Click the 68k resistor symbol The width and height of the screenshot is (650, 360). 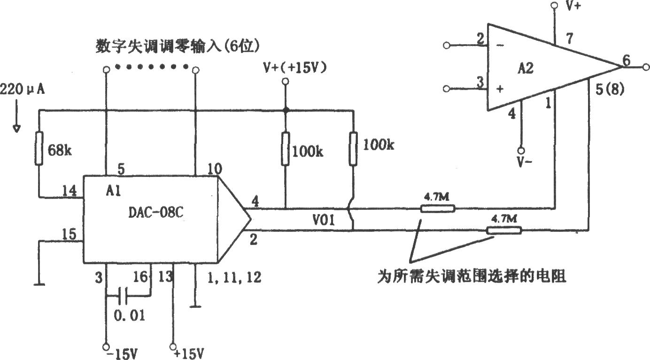click(x=39, y=148)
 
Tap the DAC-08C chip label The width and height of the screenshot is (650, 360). click(x=156, y=212)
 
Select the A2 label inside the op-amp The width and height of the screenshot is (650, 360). click(x=526, y=69)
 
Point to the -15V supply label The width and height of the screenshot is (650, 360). click(x=122, y=354)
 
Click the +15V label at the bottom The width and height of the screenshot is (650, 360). click(x=189, y=354)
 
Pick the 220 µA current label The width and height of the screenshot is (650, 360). click(x=23, y=89)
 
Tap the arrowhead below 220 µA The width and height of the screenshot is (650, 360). click(x=16, y=129)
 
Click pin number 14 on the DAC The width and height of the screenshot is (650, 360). click(x=70, y=191)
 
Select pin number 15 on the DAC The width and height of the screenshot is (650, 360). click(x=69, y=234)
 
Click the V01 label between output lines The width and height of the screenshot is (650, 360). click(x=324, y=220)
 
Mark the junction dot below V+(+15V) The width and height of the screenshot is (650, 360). click(x=286, y=110)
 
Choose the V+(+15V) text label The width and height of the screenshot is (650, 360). click(x=295, y=68)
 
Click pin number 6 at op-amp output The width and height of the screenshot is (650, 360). click(x=627, y=61)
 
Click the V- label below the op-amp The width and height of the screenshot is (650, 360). click(x=525, y=162)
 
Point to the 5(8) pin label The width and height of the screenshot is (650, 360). click(x=610, y=89)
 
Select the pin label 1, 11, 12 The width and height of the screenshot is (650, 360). click(x=234, y=277)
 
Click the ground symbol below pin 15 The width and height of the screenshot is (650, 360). click(x=39, y=285)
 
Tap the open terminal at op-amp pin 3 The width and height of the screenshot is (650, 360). click(x=447, y=89)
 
